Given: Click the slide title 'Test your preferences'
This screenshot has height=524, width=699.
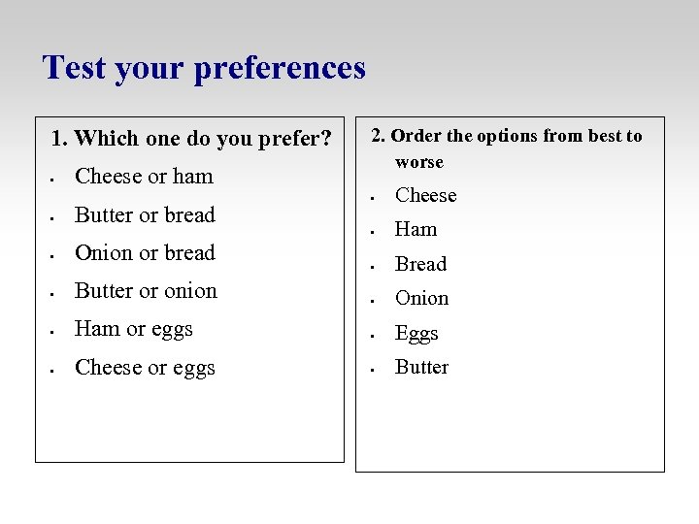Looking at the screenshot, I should (204, 68).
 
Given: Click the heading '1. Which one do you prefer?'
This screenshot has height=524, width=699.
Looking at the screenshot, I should (190, 139).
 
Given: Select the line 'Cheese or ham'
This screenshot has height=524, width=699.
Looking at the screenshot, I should (144, 177).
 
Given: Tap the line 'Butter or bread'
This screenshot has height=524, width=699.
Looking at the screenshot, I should (145, 215).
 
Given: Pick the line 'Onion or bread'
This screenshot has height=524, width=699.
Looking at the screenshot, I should (145, 253).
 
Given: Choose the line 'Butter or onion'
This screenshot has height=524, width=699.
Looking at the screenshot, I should (146, 291).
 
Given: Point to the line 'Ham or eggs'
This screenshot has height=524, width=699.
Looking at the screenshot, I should (134, 329).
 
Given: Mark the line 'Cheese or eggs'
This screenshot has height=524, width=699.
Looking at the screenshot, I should (145, 368).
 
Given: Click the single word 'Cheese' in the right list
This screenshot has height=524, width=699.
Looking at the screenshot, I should (425, 195).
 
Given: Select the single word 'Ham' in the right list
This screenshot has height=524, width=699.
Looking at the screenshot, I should (416, 230).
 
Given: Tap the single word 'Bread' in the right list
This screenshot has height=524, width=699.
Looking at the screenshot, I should (420, 264).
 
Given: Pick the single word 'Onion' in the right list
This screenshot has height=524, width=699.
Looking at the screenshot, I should (421, 299).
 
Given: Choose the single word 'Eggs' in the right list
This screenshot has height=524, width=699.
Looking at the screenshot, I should (416, 334).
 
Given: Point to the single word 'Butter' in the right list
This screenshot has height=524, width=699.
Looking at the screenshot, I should (421, 368).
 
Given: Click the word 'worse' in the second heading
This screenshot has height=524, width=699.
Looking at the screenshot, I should (418, 162).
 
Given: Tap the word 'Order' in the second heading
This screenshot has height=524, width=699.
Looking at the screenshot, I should (416, 136).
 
